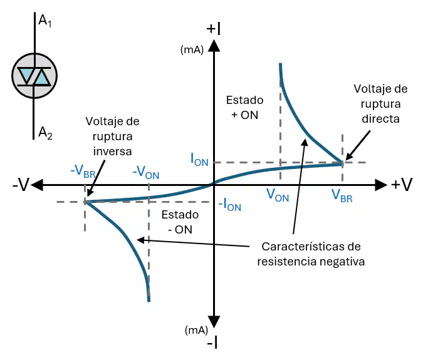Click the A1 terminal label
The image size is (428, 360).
[x=45, y=21]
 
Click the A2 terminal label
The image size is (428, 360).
[x=45, y=133]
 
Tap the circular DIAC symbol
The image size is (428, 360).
[x=34, y=76]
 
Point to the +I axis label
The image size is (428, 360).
[x=214, y=29]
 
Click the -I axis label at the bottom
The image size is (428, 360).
[x=212, y=343]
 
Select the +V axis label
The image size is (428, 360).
[x=402, y=185]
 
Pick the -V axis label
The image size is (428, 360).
[x=21, y=185]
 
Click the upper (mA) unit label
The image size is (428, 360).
[x=192, y=50]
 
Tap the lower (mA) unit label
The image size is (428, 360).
[x=196, y=331]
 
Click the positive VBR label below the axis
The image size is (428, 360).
[x=342, y=195]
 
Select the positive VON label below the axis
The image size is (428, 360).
[x=278, y=195]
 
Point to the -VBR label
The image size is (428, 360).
[x=83, y=172]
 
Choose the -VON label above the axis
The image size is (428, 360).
[x=146, y=173]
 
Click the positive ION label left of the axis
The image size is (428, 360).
[x=199, y=160]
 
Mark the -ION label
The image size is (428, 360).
[x=229, y=205]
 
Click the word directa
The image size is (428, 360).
[x=381, y=119]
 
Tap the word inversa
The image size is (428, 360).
[x=112, y=152]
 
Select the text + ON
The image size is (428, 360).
[x=245, y=115]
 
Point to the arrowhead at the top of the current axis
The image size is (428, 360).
[x=214, y=45]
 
